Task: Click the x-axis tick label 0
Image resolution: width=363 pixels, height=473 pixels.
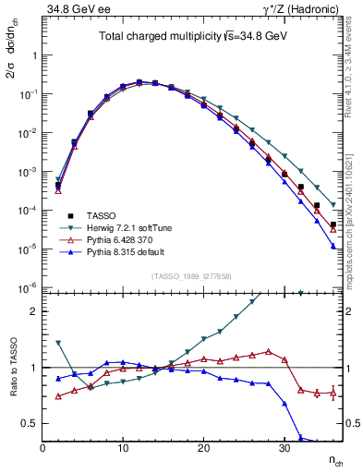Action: click(42, 448)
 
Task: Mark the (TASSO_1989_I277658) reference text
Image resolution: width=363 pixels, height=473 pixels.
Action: click(190, 276)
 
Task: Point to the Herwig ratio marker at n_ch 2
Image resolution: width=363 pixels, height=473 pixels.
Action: click(58, 343)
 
